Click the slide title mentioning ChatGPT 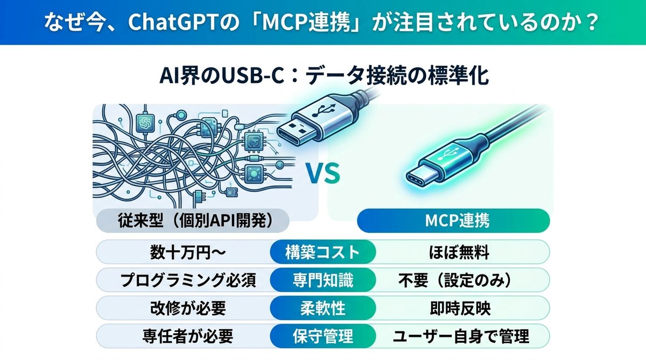(x=323, y=23)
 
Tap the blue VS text (x=323, y=174)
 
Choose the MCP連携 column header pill (x=453, y=221)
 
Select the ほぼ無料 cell (x=460, y=251)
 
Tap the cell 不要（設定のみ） (x=460, y=280)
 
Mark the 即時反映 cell (x=460, y=308)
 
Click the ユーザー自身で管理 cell (x=460, y=337)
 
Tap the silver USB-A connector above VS (x=310, y=121)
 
